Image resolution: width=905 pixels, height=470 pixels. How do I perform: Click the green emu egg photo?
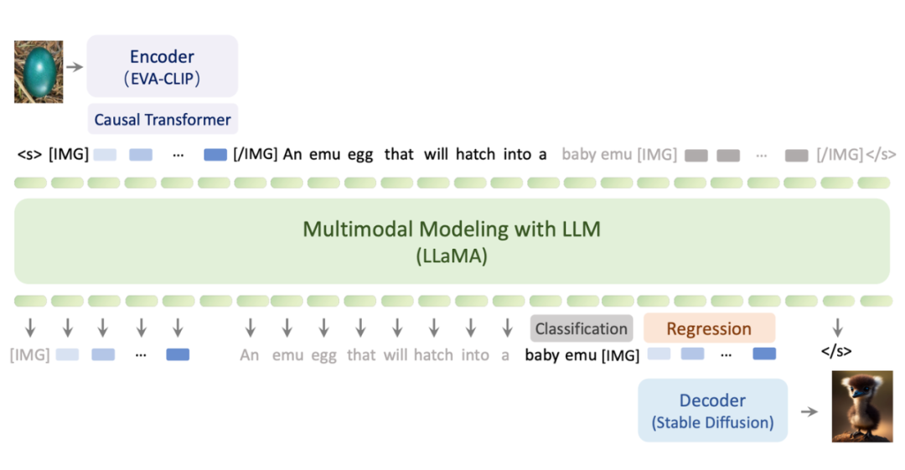(39, 75)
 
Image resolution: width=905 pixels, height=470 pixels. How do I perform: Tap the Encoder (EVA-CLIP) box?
(163, 66)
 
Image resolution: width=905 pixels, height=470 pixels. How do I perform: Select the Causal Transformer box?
(163, 119)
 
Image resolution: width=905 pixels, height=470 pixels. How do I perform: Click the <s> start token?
(29, 154)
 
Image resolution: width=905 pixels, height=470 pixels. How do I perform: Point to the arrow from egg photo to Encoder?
(75, 66)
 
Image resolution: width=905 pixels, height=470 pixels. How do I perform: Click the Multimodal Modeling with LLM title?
(452, 229)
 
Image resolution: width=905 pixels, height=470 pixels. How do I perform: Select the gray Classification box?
(582, 328)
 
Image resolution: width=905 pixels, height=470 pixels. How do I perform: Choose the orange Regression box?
(709, 328)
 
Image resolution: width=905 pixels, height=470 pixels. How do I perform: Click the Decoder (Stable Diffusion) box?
(713, 411)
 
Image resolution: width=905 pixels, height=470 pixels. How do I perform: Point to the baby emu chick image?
(862, 407)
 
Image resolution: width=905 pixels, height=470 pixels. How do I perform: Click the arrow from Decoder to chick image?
(809, 411)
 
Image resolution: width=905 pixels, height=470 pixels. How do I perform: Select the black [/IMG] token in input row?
(256, 154)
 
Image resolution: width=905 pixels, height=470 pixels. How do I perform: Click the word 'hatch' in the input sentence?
(475, 154)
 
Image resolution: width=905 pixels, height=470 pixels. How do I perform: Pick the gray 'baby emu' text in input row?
(597, 154)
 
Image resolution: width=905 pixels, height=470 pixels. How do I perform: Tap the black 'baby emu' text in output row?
(561, 355)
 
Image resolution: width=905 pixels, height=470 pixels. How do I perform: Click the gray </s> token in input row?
(881, 154)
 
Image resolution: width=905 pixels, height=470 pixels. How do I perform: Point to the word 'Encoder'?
(162, 57)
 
